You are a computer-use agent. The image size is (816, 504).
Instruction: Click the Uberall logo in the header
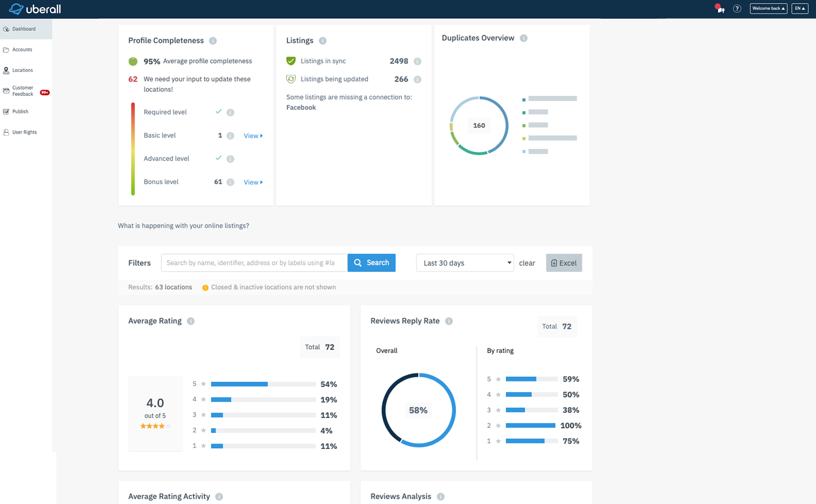click(x=35, y=9)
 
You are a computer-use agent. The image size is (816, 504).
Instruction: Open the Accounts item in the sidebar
click(x=22, y=50)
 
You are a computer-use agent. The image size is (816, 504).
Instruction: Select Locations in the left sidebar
click(x=22, y=70)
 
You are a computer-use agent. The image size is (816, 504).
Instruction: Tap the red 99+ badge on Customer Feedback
click(x=45, y=93)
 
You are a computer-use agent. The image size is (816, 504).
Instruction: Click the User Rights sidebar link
click(x=24, y=132)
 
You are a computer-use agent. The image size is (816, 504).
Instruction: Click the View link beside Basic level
click(x=253, y=136)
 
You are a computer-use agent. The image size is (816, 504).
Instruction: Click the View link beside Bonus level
click(x=253, y=182)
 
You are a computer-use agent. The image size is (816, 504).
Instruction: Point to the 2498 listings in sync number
click(x=398, y=61)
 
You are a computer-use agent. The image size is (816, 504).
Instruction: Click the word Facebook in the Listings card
click(x=301, y=107)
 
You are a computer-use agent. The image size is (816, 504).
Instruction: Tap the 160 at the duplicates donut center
click(x=479, y=125)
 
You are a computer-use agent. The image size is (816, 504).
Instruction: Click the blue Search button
click(x=371, y=263)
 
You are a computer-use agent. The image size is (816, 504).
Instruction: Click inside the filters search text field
click(x=254, y=263)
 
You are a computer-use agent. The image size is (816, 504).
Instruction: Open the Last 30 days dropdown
click(x=465, y=263)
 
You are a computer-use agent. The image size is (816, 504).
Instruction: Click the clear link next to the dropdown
click(x=526, y=263)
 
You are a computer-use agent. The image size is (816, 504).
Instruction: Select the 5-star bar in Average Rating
click(x=263, y=384)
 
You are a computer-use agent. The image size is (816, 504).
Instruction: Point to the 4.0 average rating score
click(x=155, y=403)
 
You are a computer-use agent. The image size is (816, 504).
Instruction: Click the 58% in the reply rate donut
click(x=418, y=410)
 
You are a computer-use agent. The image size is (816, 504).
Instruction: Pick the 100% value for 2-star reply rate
click(x=571, y=425)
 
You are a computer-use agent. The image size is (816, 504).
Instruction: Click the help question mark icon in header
click(x=737, y=8)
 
